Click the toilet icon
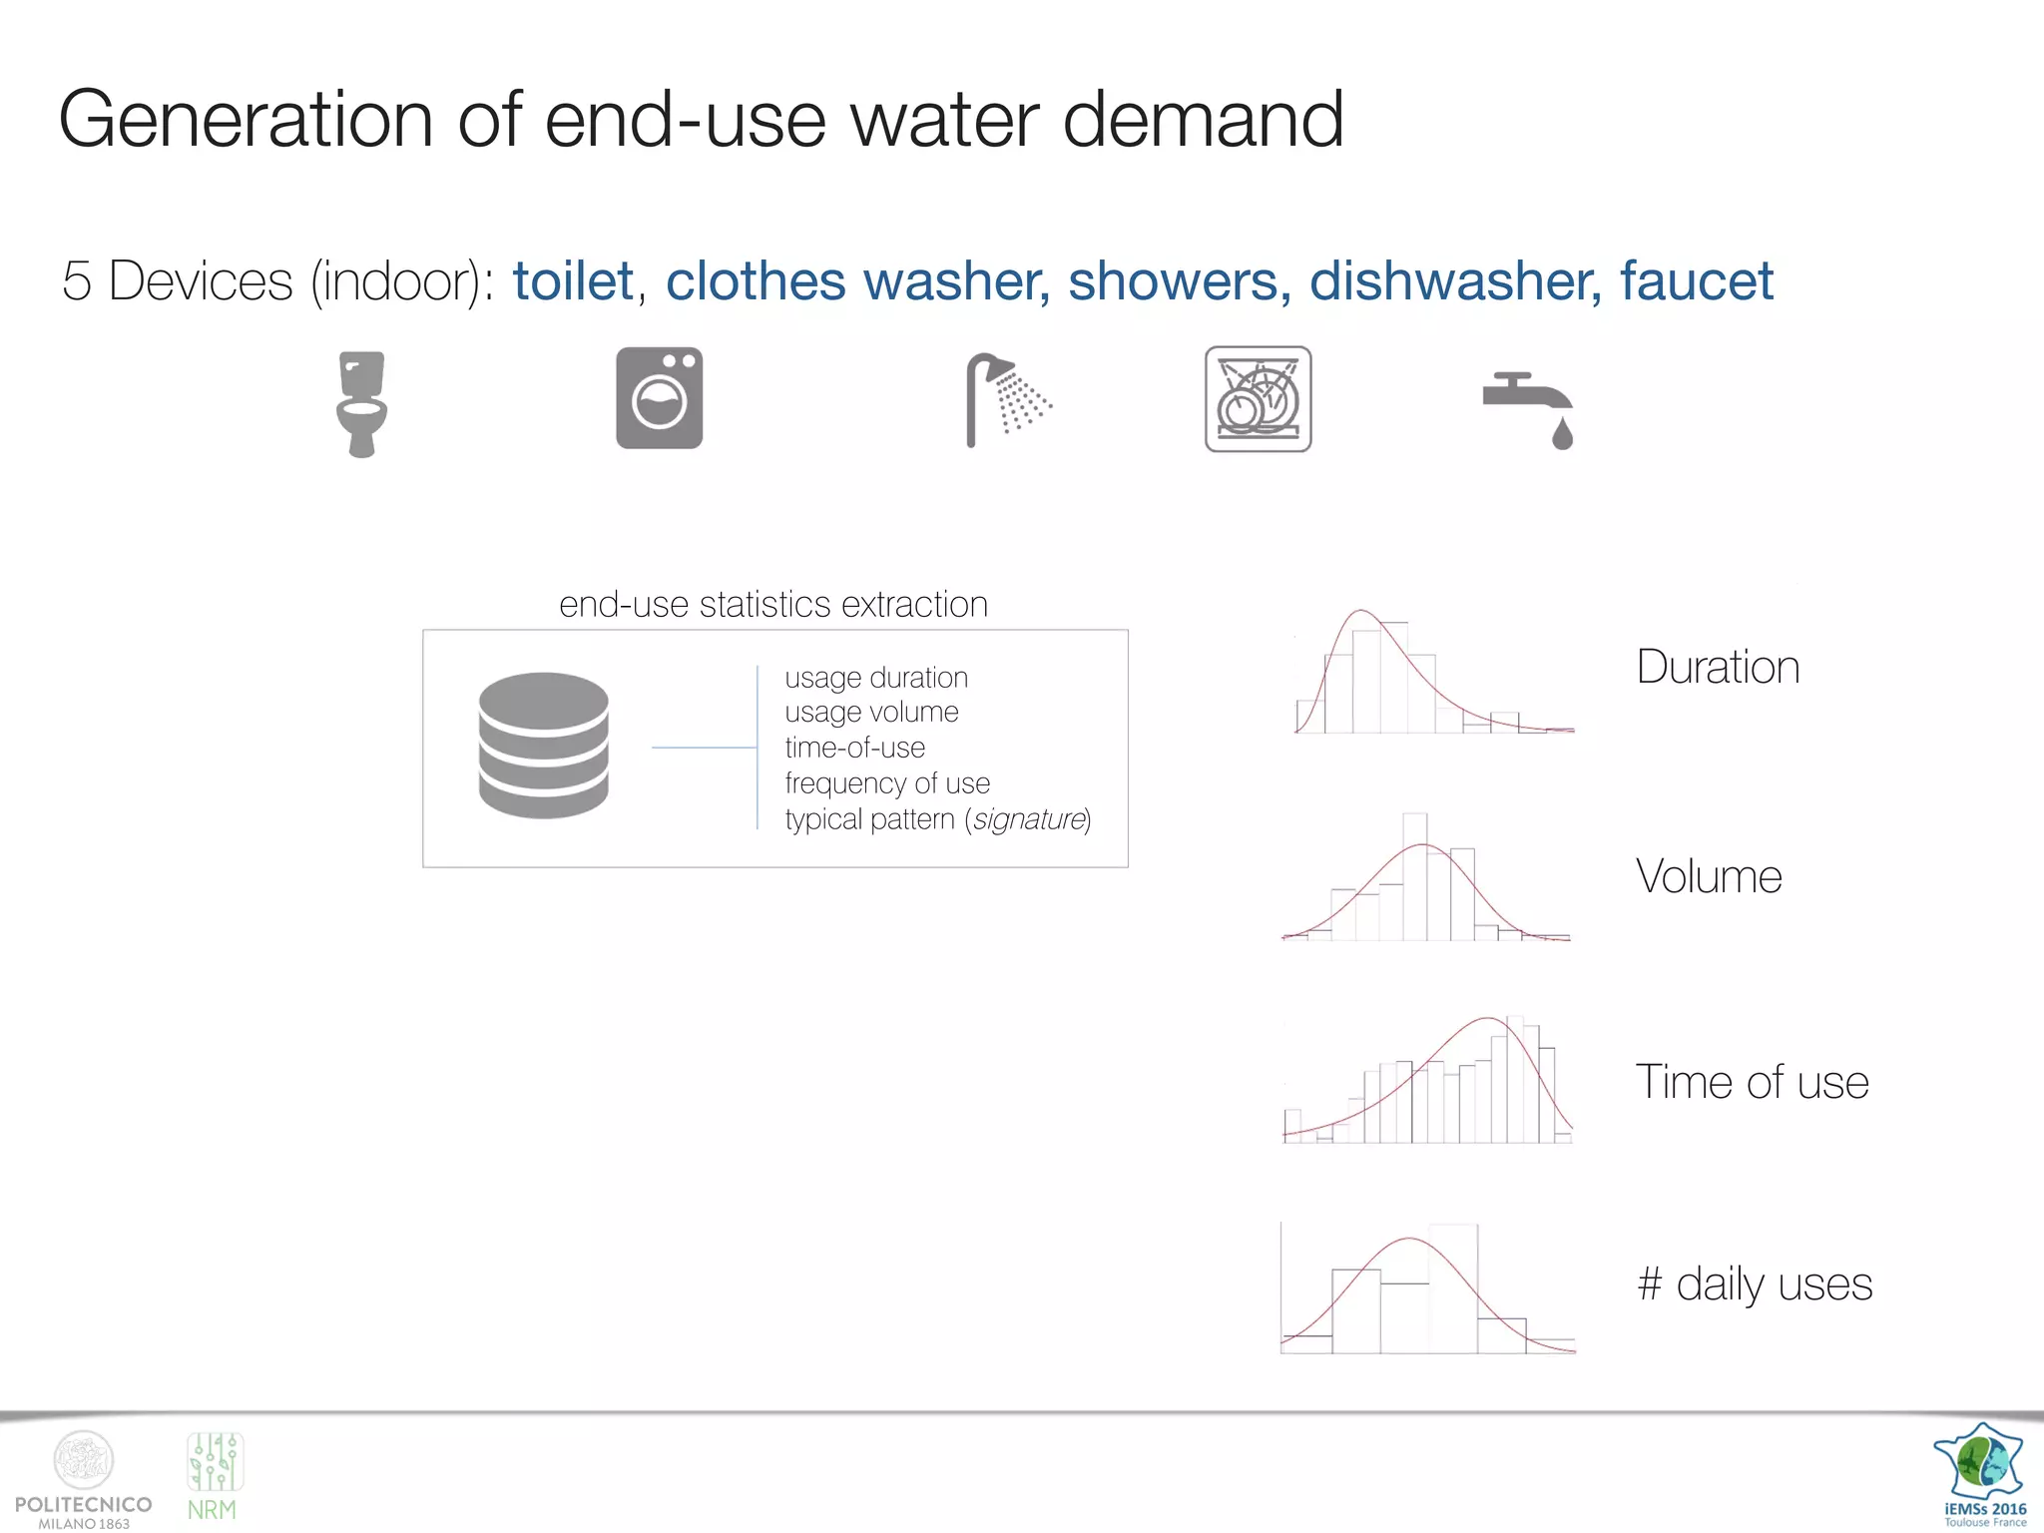coord(361,403)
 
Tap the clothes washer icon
coord(659,398)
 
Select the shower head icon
coord(1007,400)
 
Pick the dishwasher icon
coord(1258,399)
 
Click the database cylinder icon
coord(543,746)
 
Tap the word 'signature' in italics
coord(1028,819)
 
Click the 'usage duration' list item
coord(876,678)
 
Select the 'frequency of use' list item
coord(887,783)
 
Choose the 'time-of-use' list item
coord(854,748)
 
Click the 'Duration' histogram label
coord(1718,667)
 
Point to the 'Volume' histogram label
coord(1709,876)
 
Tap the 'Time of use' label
coord(1752,1082)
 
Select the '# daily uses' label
coord(1755,1283)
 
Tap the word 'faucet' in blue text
coord(1696,280)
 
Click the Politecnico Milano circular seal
coord(84,1460)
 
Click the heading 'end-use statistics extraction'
coord(773,605)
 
